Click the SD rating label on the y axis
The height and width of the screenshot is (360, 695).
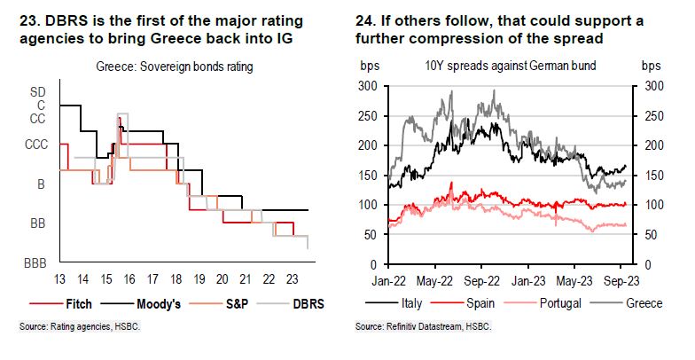(39, 91)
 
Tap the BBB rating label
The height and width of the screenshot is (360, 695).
(35, 264)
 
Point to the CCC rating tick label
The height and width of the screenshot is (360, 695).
(35, 143)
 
